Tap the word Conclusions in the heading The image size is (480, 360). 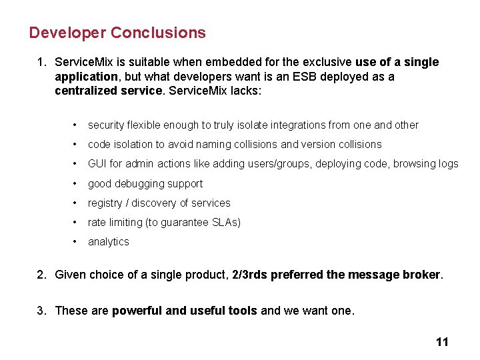pyautogui.click(x=159, y=33)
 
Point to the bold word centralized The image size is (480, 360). pyautogui.click(x=87, y=91)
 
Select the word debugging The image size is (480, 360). pyautogui.click(x=144, y=183)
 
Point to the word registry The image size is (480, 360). pyautogui.click(x=105, y=203)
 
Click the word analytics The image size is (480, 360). pyautogui.click(x=109, y=241)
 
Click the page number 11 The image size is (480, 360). pyautogui.click(x=442, y=342)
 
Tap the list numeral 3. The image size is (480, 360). pyautogui.click(x=41, y=310)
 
